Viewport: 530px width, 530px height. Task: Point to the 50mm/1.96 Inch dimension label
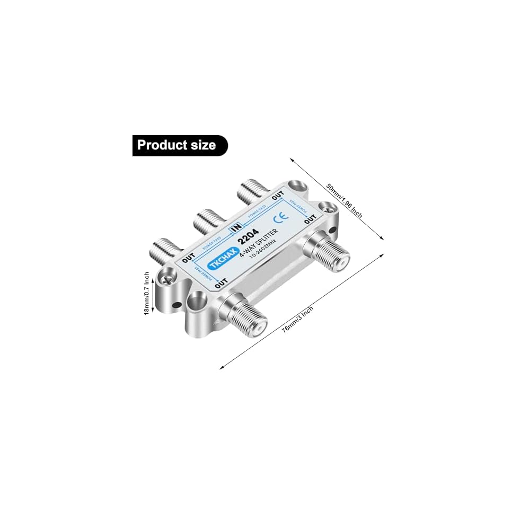pos(344,201)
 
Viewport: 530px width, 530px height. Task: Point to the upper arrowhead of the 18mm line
pos(153,273)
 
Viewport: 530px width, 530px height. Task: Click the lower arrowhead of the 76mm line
pos(222,368)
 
